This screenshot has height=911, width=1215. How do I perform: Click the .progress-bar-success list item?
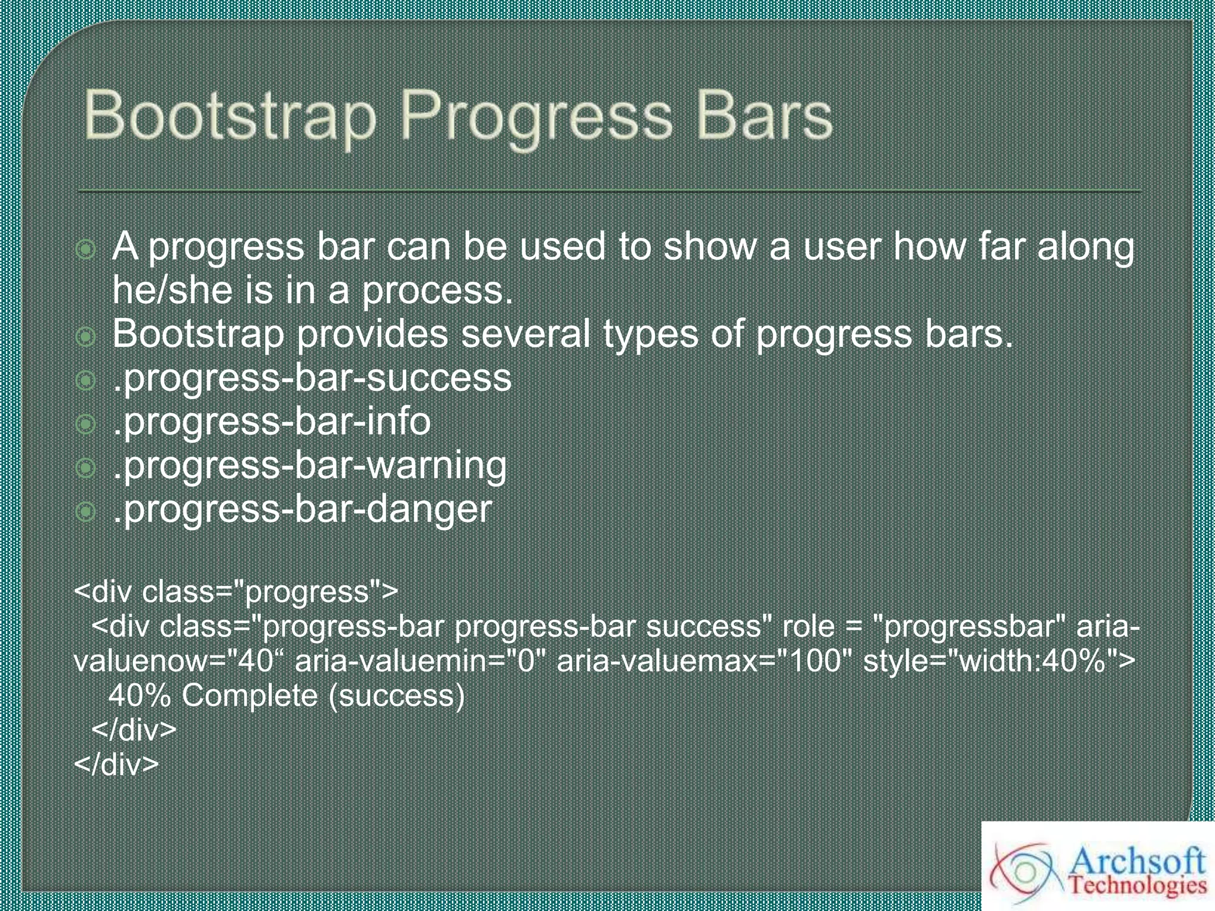[311, 378]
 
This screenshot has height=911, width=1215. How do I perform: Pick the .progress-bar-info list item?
[271, 422]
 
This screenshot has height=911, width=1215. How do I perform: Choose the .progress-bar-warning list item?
[309, 466]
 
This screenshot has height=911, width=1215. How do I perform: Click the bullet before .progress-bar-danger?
[86, 511]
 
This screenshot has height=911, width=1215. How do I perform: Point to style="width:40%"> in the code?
[999, 661]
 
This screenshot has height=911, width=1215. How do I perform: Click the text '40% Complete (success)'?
[287, 696]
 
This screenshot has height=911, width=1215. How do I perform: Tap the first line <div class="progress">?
[236, 592]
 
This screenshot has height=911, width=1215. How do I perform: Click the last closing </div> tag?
[116, 765]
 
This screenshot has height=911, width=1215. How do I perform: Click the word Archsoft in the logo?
[1136, 859]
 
